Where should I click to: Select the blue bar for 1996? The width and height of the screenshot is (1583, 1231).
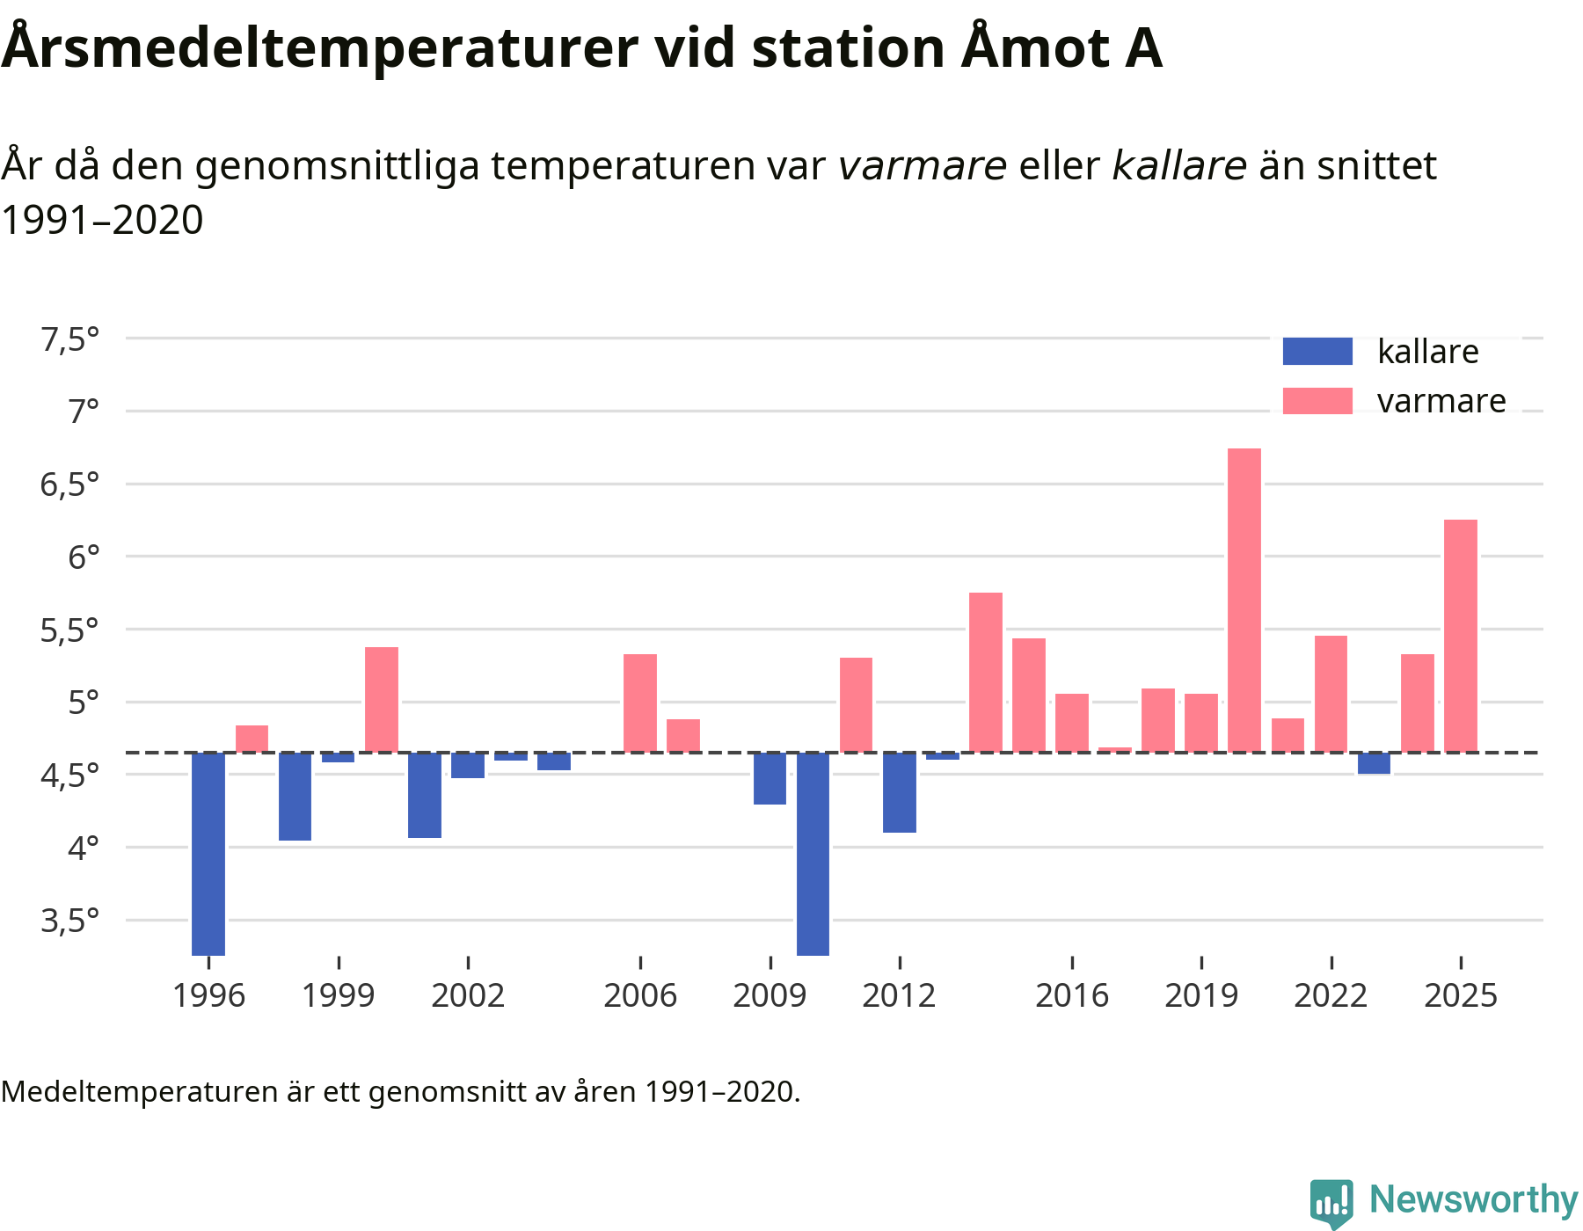(x=208, y=853)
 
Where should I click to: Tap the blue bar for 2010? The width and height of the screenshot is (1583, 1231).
(x=813, y=853)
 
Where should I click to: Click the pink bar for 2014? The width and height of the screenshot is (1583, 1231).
(x=986, y=673)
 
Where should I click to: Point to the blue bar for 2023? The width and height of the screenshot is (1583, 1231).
(x=1374, y=763)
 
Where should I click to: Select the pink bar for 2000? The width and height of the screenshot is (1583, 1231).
(x=382, y=700)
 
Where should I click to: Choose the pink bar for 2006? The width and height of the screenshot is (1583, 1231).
(x=640, y=703)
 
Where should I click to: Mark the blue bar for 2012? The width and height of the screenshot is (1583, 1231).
(x=900, y=792)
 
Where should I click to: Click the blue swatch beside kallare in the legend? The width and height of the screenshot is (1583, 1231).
(x=1317, y=352)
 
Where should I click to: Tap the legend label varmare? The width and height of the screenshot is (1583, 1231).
(x=1441, y=401)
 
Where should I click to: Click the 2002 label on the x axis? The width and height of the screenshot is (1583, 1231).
(x=468, y=995)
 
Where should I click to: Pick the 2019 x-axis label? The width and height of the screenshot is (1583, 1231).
(x=1201, y=995)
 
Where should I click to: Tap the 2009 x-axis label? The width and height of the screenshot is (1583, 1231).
(x=770, y=995)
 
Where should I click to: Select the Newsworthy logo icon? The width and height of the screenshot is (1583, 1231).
(x=1331, y=1201)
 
